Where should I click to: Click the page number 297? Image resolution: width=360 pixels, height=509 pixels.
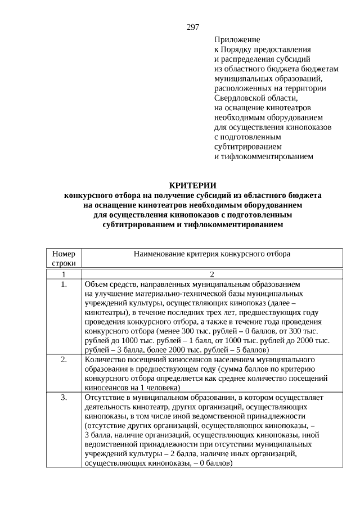pos(193,27)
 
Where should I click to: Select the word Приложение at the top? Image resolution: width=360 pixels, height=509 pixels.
pos(237,40)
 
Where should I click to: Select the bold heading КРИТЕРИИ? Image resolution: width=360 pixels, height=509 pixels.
pos(193,186)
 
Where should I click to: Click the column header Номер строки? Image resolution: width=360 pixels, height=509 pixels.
pos(64,258)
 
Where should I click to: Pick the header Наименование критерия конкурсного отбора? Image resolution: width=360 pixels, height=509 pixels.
pos(212,254)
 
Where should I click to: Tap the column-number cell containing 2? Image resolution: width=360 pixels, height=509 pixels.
pos(212,274)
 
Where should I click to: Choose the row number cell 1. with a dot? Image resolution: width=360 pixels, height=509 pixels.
pos(64,285)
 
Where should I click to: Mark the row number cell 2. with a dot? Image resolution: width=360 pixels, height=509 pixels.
pos(64,359)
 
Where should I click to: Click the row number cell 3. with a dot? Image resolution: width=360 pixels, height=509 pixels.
pos(64,398)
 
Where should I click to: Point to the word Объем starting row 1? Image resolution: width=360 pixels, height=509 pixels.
pos(96,285)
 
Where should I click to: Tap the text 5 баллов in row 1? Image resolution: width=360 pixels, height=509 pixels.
pos(239,349)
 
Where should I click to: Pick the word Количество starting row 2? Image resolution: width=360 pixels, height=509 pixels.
pos(104,359)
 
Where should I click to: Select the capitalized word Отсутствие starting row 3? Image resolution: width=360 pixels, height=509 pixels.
pos(105,398)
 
